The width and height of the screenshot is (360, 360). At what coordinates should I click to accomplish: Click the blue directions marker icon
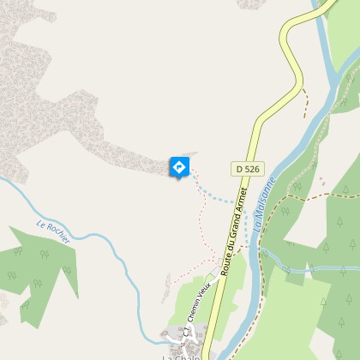pos(179,167)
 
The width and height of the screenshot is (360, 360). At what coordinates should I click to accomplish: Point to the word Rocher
pos(59,237)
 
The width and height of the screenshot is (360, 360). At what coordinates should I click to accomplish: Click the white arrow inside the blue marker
pos(179,166)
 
